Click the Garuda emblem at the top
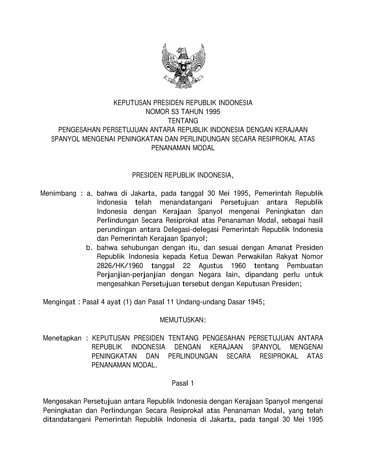pyautogui.click(x=183, y=66)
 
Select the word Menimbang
pyautogui.click(x=58, y=193)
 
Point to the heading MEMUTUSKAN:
pyautogui.click(x=183, y=320)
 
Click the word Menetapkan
pyautogui.click(x=62, y=338)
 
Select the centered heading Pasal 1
pyautogui.click(x=183, y=383)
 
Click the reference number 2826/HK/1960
pyautogui.click(x=120, y=265)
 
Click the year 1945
pyautogui.click(x=255, y=302)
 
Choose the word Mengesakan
pyautogui.click(x=62, y=401)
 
